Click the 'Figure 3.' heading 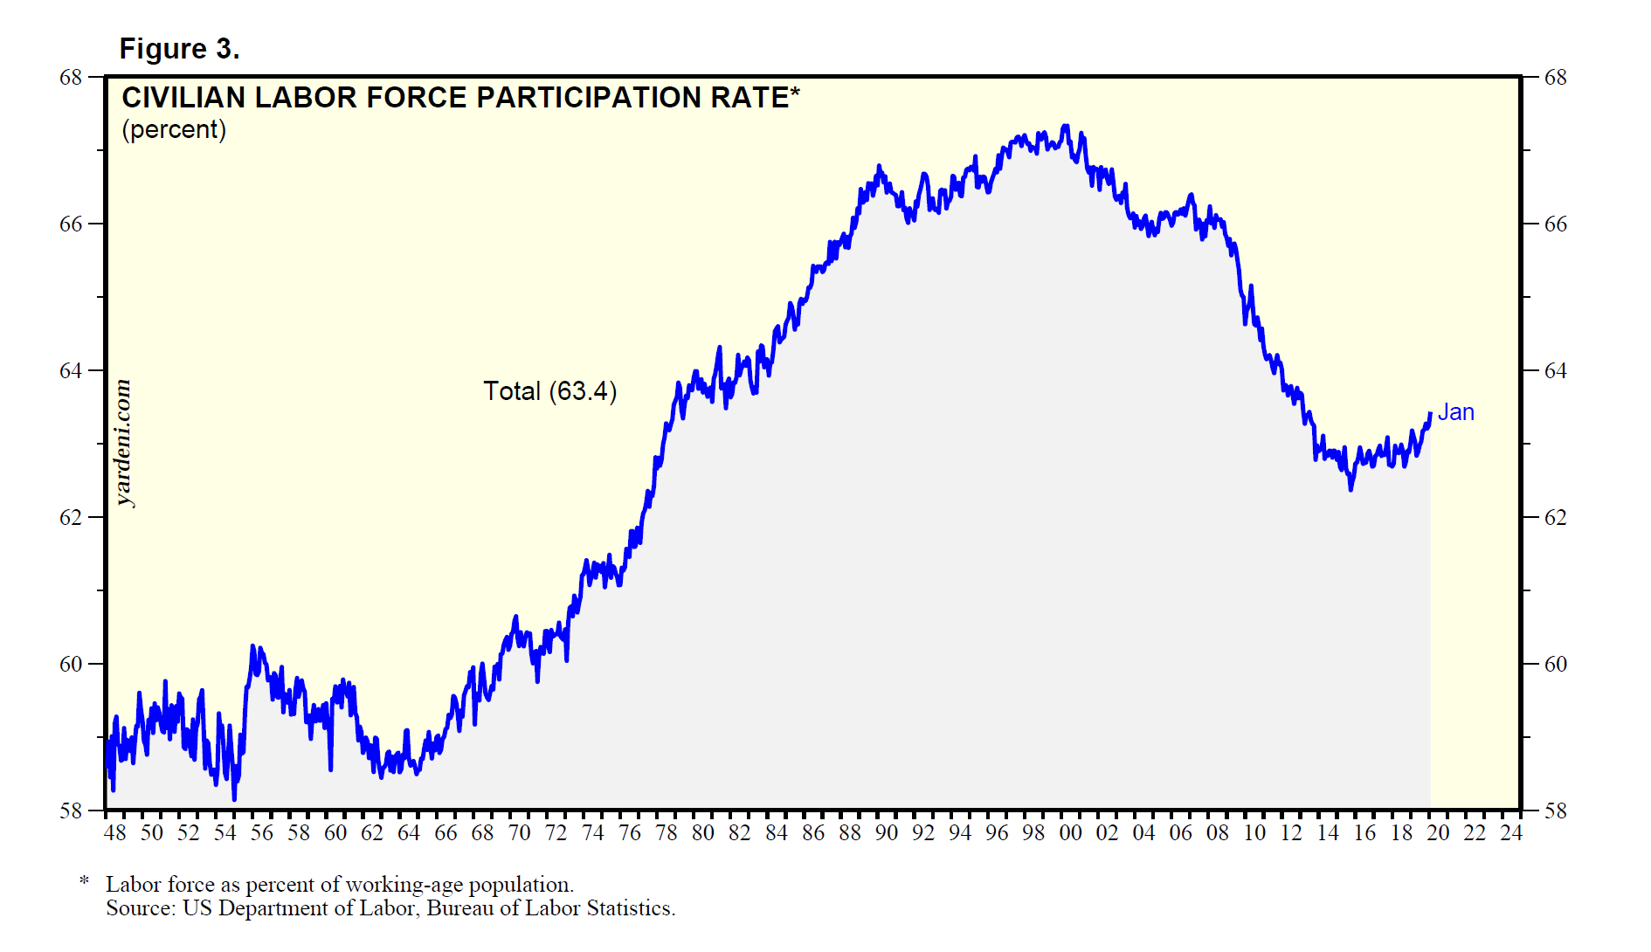(x=179, y=49)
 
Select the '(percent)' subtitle (x=174, y=129)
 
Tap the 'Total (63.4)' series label (x=550, y=390)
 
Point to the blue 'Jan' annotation (x=1456, y=412)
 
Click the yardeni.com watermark (x=124, y=443)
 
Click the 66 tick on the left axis (x=71, y=224)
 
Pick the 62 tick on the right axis (x=1556, y=517)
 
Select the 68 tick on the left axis (x=71, y=77)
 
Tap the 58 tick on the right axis (x=1556, y=811)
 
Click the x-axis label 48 (x=114, y=832)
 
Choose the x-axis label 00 (x=1070, y=832)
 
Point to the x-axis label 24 (x=1511, y=832)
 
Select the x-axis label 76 (x=629, y=832)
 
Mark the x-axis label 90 (x=887, y=832)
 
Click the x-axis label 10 (x=1254, y=832)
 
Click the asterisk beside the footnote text (x=85, y=881)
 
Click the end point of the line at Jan (x=1430, y=414)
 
